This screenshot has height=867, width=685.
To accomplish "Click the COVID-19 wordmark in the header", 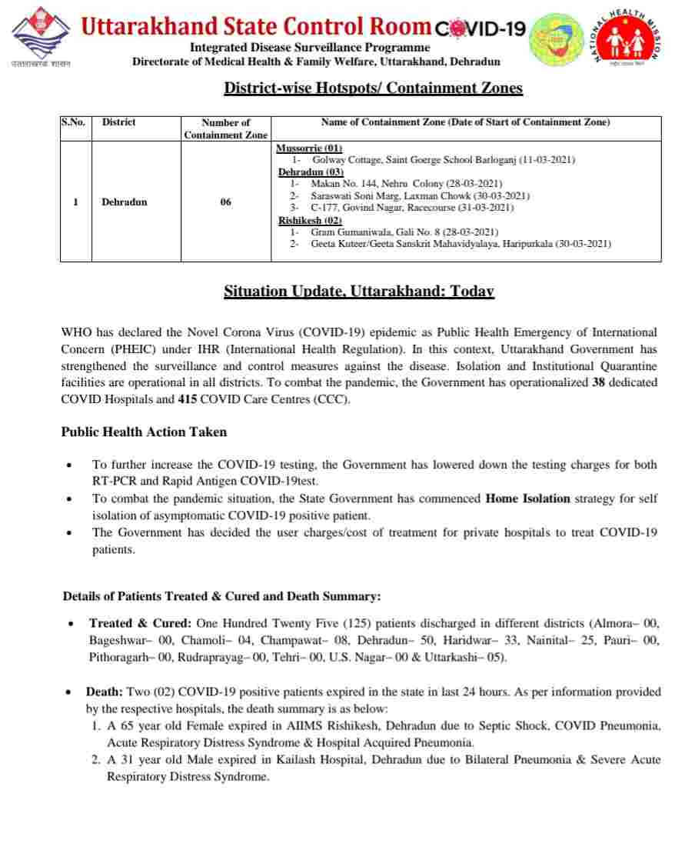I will pos(480,29).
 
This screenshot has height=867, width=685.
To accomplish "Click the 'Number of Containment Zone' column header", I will pos(225,128).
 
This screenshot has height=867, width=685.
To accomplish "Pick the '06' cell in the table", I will pos(225,202).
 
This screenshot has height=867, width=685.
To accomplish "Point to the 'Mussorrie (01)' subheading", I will pos(309,148).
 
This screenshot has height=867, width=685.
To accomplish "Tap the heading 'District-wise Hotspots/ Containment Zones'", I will pos(373,88).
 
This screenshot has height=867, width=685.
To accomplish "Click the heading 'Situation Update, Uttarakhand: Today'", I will pos(358,292).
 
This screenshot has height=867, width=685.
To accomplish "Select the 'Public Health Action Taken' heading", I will pos(144,432).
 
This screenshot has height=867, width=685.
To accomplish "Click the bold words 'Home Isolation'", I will pos(527,499).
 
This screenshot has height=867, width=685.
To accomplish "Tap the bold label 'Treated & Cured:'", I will pos(141,623).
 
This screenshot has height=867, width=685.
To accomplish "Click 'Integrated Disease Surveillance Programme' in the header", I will pos(316,48).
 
